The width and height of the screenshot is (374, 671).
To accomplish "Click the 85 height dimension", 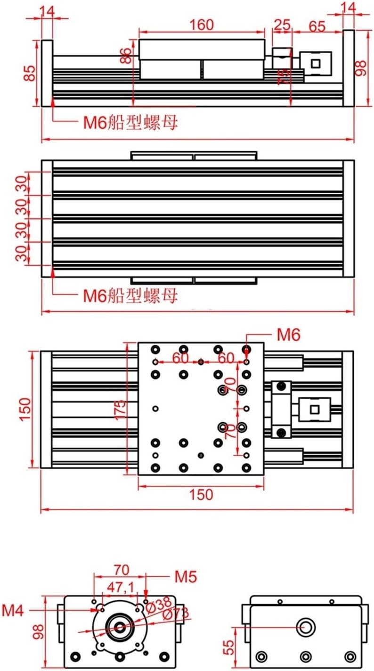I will coord(30,73).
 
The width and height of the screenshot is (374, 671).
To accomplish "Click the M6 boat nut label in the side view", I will coord(130,123).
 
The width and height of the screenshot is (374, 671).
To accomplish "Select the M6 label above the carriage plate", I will coord(288,335).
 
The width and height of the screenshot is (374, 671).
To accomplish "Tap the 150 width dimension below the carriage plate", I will coord(201,494).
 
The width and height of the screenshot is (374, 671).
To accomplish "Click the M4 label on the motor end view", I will coord(13,610).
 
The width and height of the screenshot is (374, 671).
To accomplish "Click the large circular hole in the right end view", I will coord(306,627).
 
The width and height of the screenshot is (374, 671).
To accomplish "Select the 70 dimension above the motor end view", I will coord(121,569).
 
